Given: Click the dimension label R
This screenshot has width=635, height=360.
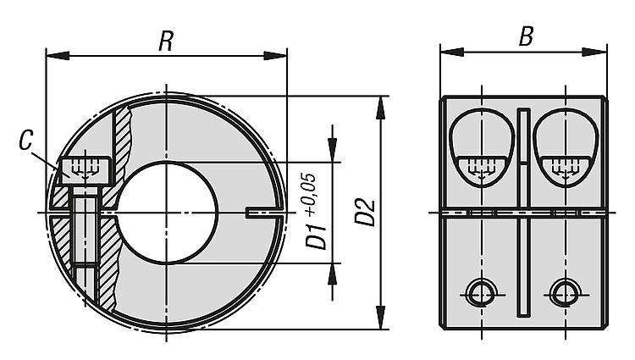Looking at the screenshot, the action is pyautogui.click(x=166, y=41).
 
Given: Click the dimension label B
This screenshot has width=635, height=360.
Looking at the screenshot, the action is pyautogui.click(x=526, y=37).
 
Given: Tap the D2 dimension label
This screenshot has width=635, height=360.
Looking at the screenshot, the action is pyautogui.click(x=365, y=212).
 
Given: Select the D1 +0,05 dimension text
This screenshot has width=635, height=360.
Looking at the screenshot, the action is pyautogui.click(x=316, y=211).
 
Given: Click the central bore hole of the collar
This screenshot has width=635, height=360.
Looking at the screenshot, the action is pyautogui.click(x=167, y=213).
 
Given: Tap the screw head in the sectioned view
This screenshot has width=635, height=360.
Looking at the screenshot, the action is pyautogui.click(x=86, y=171).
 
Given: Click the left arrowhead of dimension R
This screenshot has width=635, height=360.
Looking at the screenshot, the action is pyautogui.click(x=58, y=56).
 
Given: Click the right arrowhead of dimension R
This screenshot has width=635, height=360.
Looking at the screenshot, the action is pyautogui.click(x=275, y=56).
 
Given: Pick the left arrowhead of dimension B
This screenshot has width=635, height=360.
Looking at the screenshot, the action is pyautogui.click(x=452, y=52).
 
